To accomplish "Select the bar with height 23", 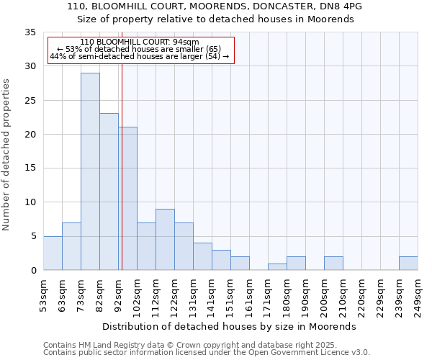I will [x=109, y=192].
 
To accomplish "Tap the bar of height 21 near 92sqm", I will [x=128, y=199].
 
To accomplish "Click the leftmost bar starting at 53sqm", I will [x=53, y=253].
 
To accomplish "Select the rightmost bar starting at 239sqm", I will [x=408, y=263].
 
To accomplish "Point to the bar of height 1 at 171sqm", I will [x=277, y=266].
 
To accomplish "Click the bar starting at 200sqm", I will [x=333, y=263].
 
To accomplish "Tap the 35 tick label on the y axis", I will [x=30, y=32].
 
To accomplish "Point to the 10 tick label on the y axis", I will [x=30, y=202].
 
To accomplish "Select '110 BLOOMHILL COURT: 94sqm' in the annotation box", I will [x=140, y=42].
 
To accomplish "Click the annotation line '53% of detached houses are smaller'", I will [x=140, y=50].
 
